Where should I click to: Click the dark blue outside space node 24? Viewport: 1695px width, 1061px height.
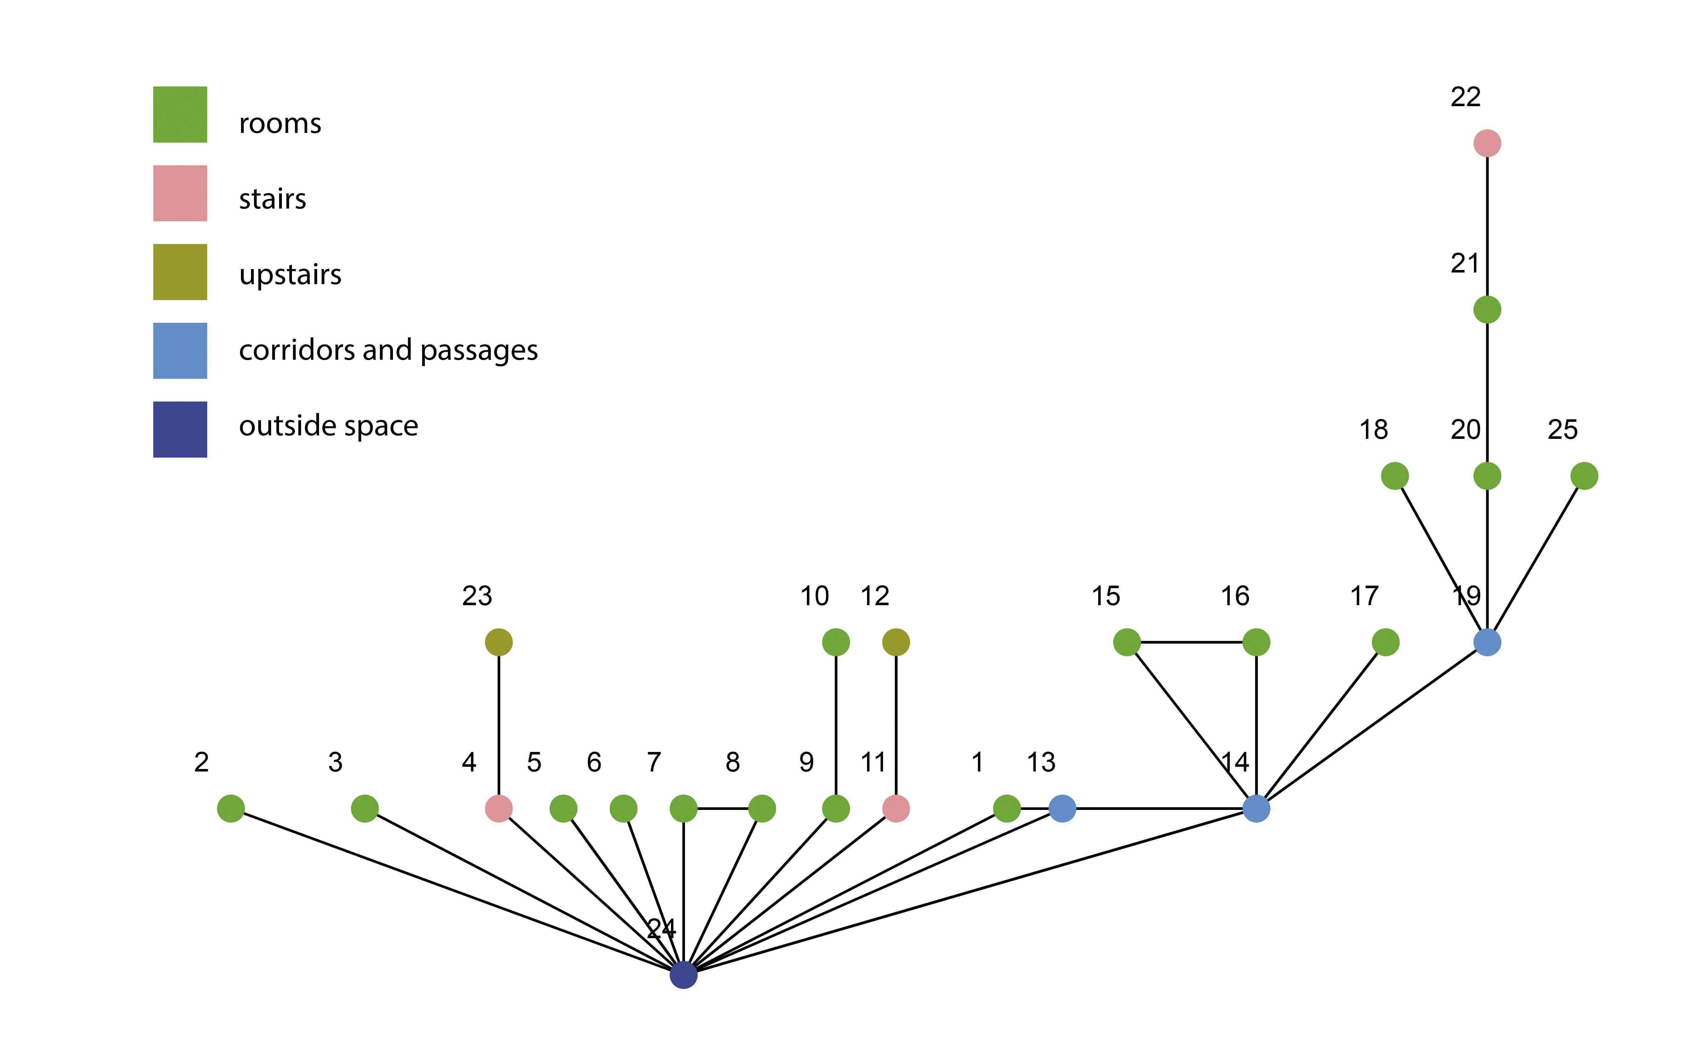683,975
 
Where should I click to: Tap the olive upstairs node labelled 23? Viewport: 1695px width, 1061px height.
499,642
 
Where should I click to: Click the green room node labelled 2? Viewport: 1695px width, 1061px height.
231,808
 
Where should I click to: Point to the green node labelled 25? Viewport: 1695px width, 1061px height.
1584,476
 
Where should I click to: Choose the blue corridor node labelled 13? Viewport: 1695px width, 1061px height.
1062,808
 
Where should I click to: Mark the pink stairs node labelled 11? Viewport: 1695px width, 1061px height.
896,808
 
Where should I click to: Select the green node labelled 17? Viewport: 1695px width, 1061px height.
1386,642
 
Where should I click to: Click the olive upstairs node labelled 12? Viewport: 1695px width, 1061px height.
896,642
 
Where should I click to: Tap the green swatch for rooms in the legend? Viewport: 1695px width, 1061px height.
180,114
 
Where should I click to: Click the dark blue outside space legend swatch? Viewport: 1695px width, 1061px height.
180,429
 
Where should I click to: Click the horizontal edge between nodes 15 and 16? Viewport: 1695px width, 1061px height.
1191,642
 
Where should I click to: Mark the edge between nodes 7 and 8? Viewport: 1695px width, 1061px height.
722,808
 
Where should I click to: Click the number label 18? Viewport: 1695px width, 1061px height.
1374,429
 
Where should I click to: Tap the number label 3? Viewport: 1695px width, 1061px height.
335,762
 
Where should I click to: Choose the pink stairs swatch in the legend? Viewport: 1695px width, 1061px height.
180,193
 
